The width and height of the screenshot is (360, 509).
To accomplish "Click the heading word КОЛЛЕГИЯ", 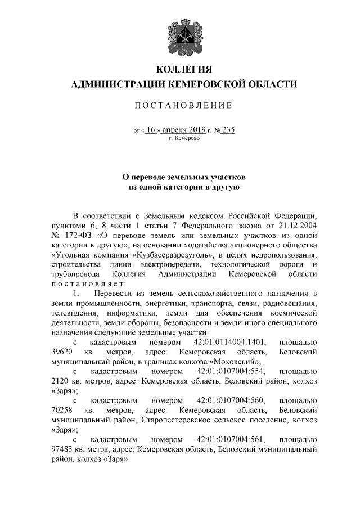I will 184,70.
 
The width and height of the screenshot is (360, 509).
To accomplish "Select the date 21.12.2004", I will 299,233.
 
